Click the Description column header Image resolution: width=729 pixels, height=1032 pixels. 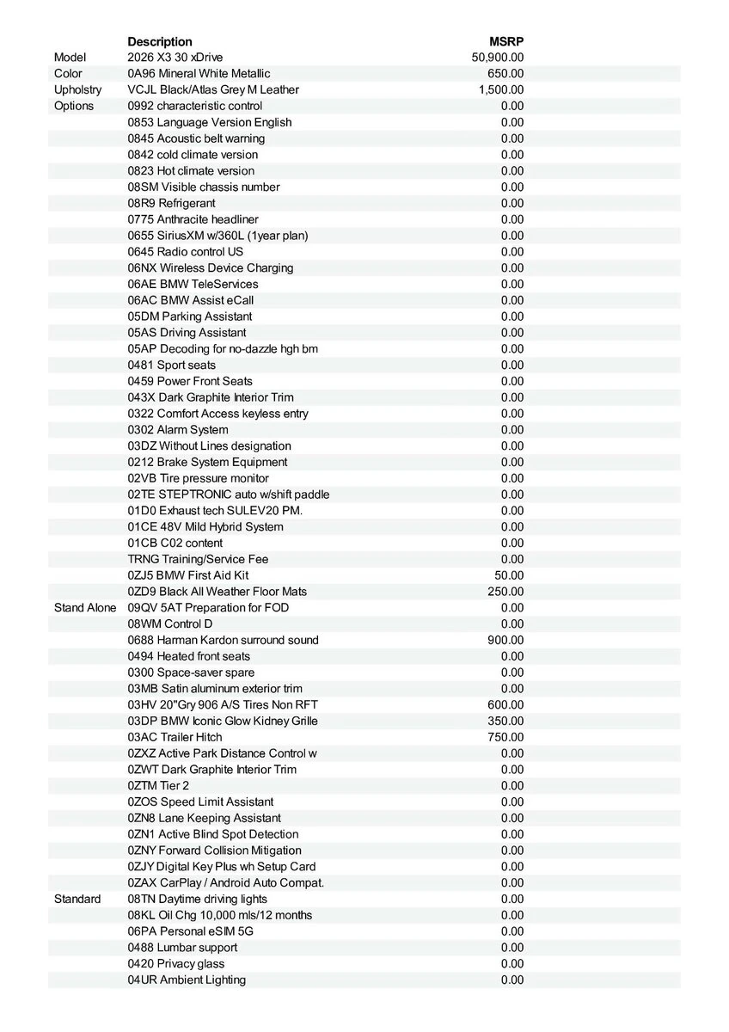tap(160, 41)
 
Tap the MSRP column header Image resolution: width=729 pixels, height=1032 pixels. tap(506, 41)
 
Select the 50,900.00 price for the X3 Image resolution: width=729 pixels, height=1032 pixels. tap(498, 58)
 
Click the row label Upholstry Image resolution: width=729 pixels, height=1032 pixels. tap(77, 89)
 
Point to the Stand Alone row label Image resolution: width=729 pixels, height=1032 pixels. tap(84, 608)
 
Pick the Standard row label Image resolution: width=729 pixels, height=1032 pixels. tap(77, 899)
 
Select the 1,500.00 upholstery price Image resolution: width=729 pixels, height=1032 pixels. tap(501, 89)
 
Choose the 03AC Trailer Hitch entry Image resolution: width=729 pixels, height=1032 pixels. tap(175, 737)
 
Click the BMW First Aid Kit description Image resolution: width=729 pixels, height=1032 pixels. tap(188, 575)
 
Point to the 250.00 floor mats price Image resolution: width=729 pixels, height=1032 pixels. tap(505, 592)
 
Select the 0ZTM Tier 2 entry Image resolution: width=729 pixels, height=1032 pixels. tap(158, 785)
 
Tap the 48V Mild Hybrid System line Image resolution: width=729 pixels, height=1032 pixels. tap(205, 526)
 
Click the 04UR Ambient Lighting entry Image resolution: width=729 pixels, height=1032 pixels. tap(187, 980)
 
